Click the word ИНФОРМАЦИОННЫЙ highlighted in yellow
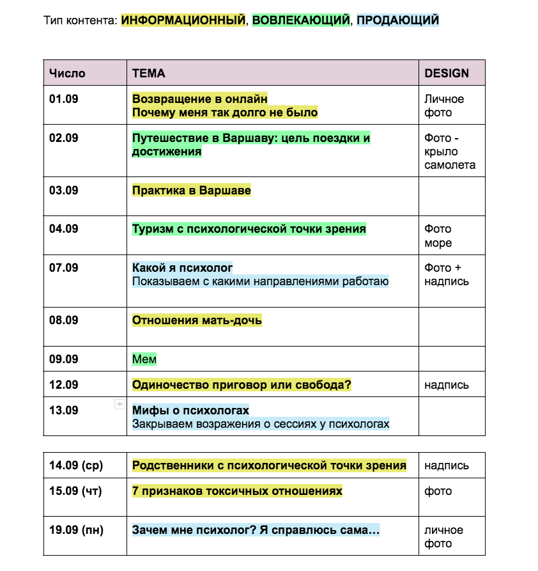[183, 20]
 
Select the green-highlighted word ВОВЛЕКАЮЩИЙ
[301, 20]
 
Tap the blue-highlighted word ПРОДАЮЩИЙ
[397, 20]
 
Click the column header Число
[67, 73]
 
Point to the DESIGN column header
[447, 73]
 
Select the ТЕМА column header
[148, 73]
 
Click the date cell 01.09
[64, 99]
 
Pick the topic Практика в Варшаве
[191, 191]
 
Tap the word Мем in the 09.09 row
[144, 359]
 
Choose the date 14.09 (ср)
[76, 465]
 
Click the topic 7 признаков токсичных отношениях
[237, 491]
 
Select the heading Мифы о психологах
[190, 411]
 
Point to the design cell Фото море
[438, 236]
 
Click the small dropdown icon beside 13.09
[119, 404]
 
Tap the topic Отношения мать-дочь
[197, 320]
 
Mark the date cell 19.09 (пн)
[76, 530]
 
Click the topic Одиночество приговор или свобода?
[242, 385]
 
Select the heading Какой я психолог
[182, 268]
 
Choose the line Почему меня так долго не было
[225, 113]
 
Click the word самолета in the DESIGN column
[450, 165]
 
